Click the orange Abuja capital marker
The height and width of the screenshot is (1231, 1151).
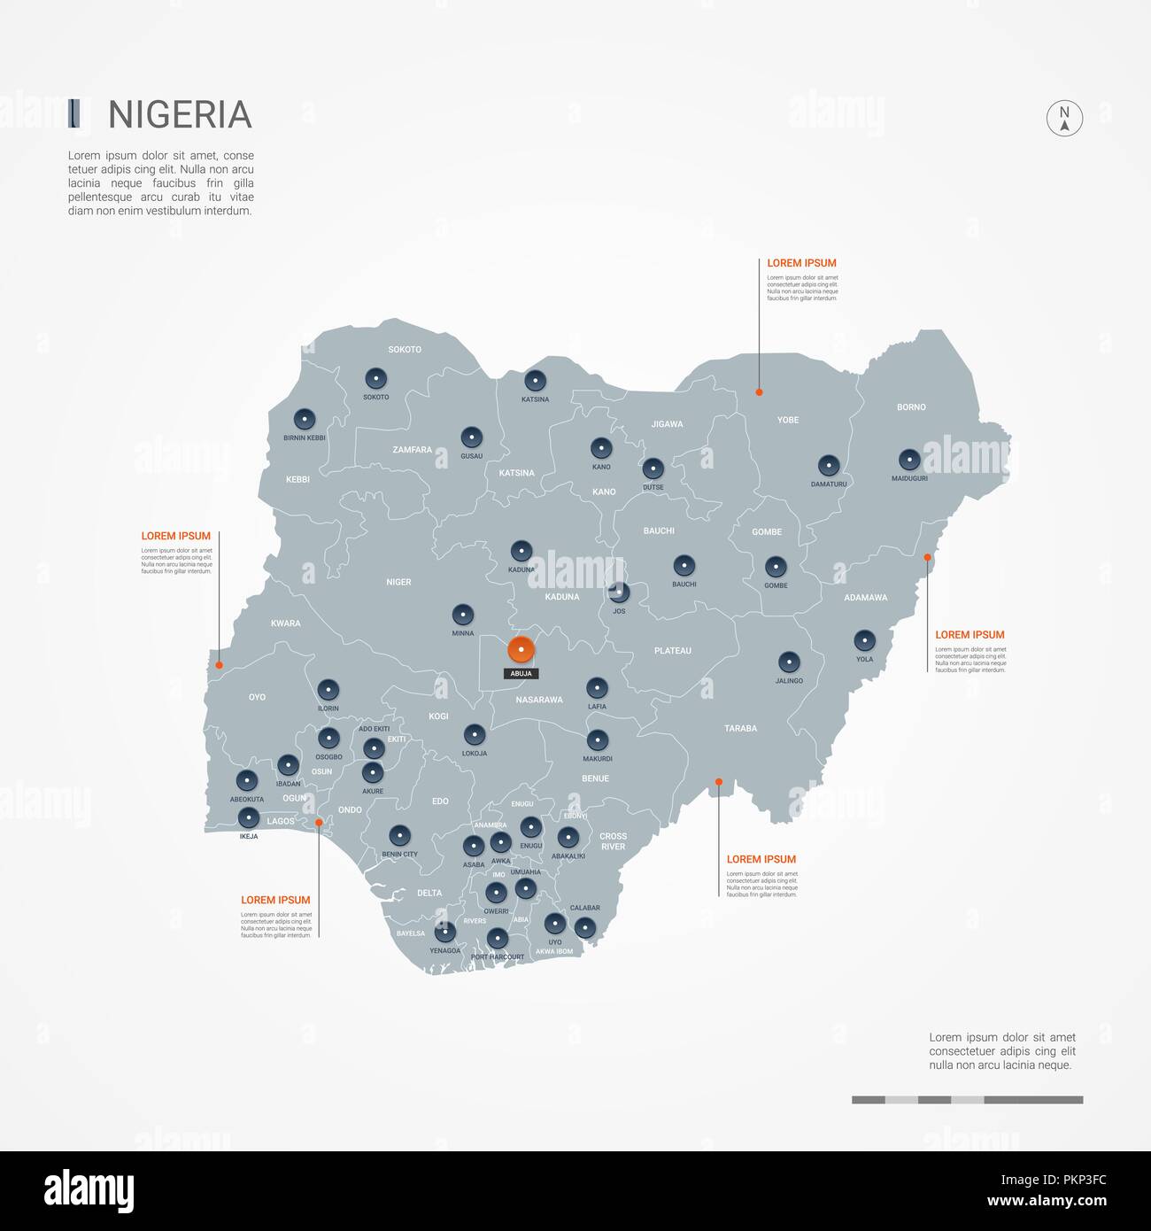(x=521, y=650)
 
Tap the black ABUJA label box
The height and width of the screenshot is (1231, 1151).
(x=521, y=674)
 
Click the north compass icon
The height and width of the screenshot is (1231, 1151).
(x=1064, y=118)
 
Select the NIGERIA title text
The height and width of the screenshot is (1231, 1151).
(x=180, y=115)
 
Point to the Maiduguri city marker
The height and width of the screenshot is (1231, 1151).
(x=909, y=460)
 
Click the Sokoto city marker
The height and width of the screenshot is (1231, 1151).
(x=375, y=379)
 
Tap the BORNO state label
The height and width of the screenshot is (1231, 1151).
(x=911, y=407)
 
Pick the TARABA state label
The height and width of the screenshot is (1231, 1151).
(x=740, y=729)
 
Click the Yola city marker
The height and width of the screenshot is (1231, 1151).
(x=864, y=640)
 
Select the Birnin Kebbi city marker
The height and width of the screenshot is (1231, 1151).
(x=305, y=419)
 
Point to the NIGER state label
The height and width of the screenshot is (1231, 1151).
(x=398, y=583)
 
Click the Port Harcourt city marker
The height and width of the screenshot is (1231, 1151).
(x=498, y=938)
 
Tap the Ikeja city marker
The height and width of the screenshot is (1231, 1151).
(x=249, y=817)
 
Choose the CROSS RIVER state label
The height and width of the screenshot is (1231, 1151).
(x=613, y=841)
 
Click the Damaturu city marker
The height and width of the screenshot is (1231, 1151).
(x=829, y=465)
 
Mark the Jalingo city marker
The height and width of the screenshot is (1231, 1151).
(x=789, y=662)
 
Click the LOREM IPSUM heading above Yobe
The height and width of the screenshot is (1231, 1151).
(x=801, y=263)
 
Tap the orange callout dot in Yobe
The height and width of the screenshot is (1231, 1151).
(x=759, y=391)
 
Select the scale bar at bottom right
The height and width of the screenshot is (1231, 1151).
(x=967, y=1100)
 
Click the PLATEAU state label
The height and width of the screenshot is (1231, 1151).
(x=672, y=651)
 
